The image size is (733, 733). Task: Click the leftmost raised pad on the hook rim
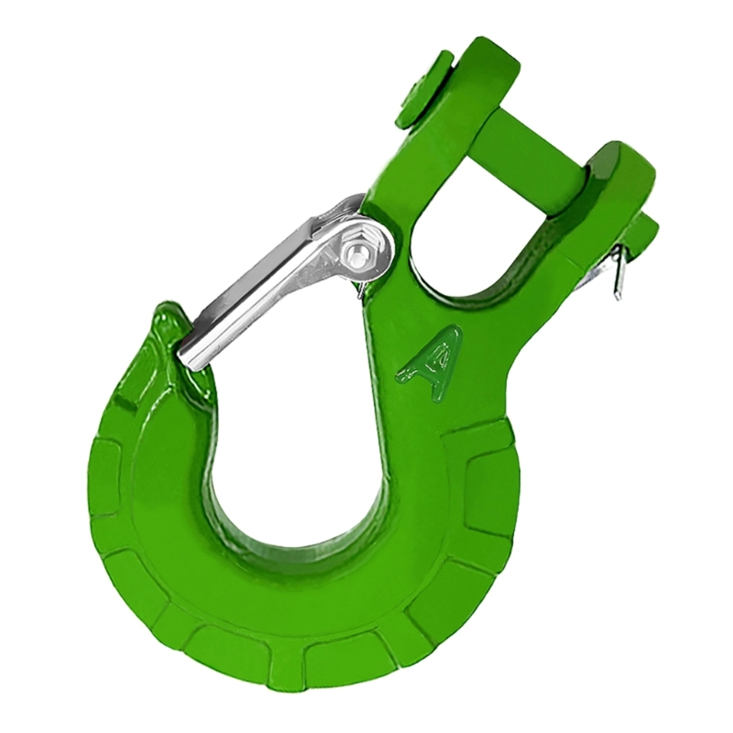point(105,476)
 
